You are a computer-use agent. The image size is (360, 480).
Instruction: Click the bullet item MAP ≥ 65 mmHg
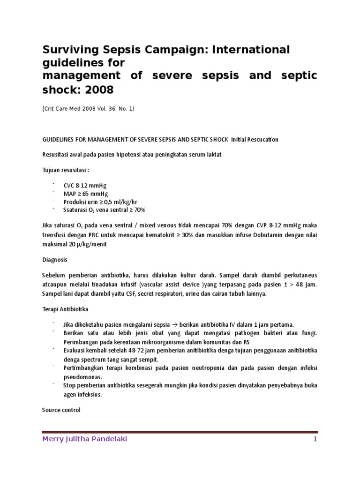[x=85, y=194]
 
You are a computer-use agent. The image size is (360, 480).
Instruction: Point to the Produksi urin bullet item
[x=99, y=202]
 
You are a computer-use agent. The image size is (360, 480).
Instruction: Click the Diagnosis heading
[x=55, y=259]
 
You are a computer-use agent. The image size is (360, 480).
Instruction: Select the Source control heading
[x=61, y=410]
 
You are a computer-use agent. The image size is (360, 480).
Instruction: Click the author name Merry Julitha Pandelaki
[x=84, y=439]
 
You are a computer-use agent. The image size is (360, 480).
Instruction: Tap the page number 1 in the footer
[x=315, y=439]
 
